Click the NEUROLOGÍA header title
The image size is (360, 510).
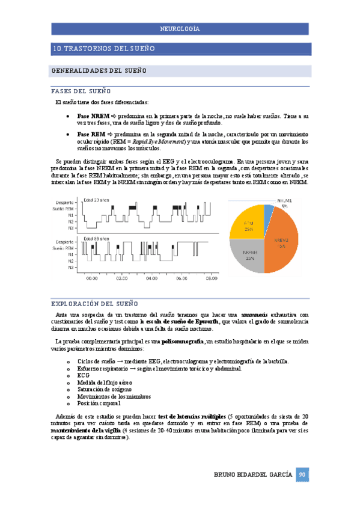[180, 29]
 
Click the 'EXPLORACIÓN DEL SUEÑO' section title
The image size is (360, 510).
[93, 303]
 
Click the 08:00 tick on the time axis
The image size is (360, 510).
[212, 278]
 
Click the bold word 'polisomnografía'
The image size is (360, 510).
[183, 342]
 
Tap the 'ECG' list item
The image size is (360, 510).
[83, 375]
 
